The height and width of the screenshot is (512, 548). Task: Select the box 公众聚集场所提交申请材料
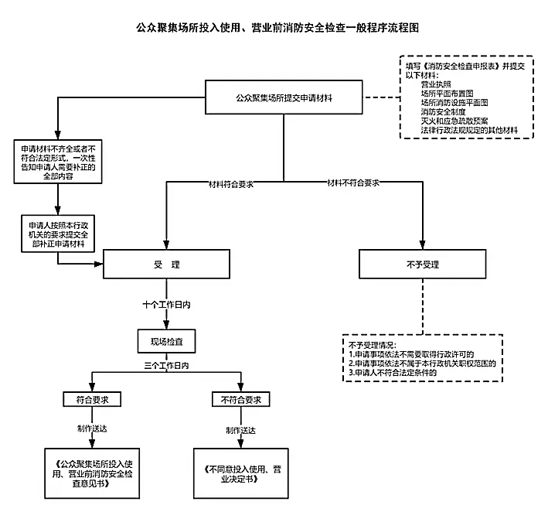[x=283, y=98]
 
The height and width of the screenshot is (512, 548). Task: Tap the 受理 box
[x=166, y=265]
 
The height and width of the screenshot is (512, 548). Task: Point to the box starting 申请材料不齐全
[x=59, y=160]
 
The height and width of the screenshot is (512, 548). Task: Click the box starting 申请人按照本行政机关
[x=59, y=231]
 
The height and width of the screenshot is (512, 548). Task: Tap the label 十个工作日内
[x=166, y=305]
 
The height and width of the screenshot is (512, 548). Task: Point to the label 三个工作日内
[x=166, y=364]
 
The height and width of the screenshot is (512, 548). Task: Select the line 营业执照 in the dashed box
[x=437, y=83]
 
